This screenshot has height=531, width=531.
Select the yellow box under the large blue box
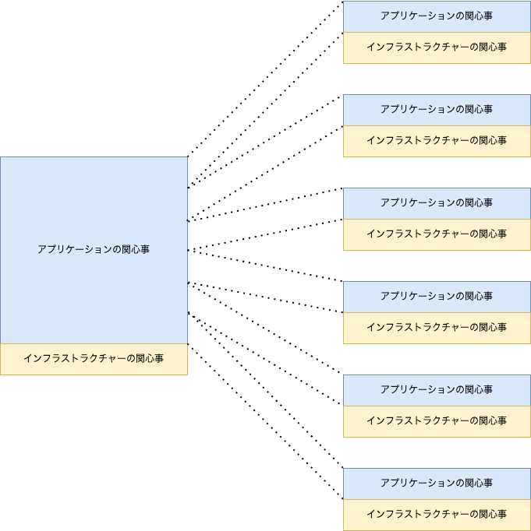pos(94,359)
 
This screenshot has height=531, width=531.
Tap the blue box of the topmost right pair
pos(437,16)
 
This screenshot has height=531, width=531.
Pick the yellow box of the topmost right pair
pos(437,47)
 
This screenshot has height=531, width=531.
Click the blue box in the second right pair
pos(437,110)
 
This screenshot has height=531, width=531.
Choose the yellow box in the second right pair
pos(437,141)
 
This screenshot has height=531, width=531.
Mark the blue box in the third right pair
pos(437,203)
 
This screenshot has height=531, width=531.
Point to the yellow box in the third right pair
pos(437,234)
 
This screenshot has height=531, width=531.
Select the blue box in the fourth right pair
pos(437,297)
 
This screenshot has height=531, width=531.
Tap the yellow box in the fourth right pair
pos(437,328)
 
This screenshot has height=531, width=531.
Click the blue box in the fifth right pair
pos(437,390)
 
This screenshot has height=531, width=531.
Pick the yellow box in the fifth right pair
pos(437,421)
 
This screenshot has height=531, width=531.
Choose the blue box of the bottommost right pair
pos(437,484)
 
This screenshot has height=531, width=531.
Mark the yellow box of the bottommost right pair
pos(437,515)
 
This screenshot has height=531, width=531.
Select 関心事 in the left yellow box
pos(150,359)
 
